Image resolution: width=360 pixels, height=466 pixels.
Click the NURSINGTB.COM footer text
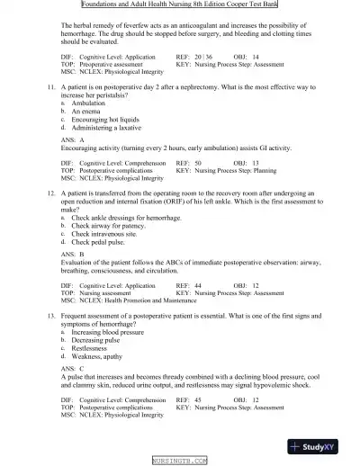tap(180, 460)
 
